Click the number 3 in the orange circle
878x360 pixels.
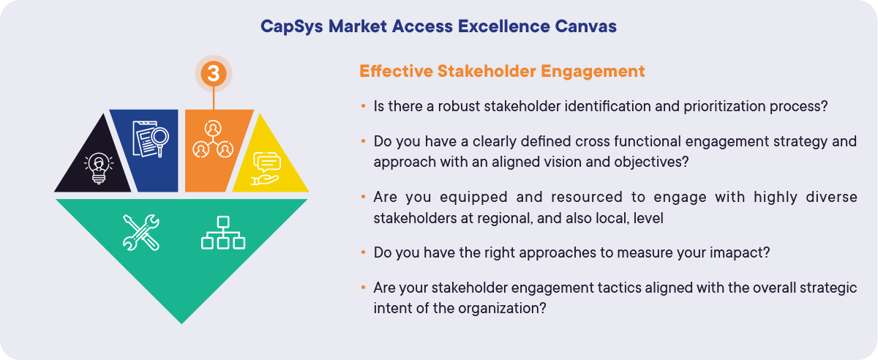[213, 73]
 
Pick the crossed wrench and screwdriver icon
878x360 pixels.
[140, 232]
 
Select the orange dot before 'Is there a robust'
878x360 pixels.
[364, 106]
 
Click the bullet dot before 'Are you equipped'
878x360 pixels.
[364, 198]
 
